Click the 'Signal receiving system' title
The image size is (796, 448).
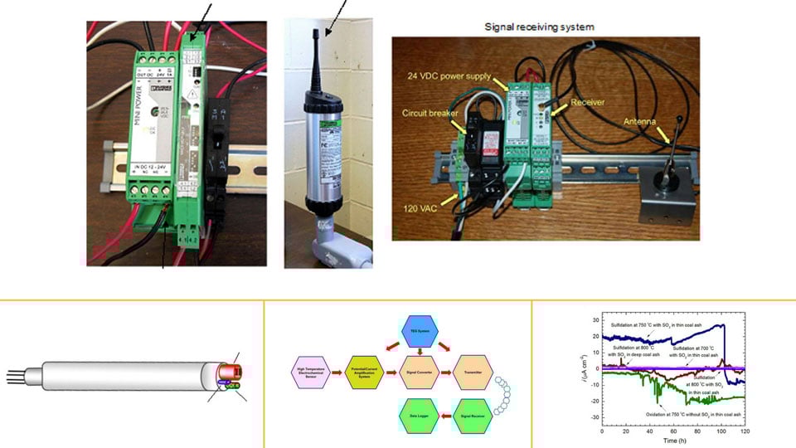[x=540, y=27]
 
